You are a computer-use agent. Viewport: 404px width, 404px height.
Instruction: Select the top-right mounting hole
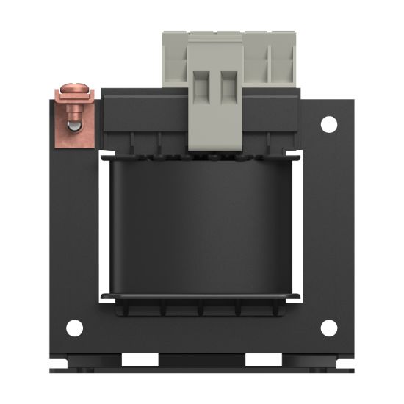(x=328, y=124)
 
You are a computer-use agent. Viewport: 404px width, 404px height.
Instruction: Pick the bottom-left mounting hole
(x=74, y=328)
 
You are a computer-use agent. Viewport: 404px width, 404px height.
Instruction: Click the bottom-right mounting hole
(x=329, y=328)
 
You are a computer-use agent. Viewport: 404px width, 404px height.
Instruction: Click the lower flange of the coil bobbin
(x=202, y=297)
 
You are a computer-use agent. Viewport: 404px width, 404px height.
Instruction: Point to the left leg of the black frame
(x=77, y=228)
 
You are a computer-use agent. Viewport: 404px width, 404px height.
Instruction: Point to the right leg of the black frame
(x=327, y=228)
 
